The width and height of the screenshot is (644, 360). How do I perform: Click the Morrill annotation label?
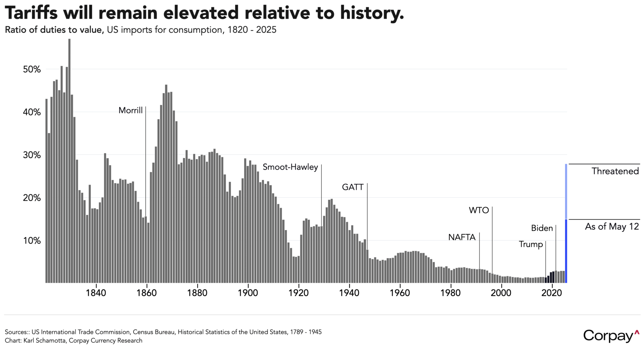130,111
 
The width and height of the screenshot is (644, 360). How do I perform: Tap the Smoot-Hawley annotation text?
290,167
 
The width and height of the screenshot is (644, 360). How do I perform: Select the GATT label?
352,187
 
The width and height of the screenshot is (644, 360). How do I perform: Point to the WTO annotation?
479,210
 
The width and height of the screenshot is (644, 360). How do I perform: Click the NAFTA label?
461,237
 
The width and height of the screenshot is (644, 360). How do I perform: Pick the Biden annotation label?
542,228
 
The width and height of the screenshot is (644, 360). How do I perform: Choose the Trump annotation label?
531,244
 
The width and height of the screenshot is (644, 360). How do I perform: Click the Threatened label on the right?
615,171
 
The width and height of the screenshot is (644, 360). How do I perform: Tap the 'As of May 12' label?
612,226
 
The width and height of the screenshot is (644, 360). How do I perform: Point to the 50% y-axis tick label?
32,69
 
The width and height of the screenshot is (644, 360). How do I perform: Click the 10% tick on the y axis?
32,240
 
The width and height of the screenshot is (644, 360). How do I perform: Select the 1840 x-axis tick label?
96,293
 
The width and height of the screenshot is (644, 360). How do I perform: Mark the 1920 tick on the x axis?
298,293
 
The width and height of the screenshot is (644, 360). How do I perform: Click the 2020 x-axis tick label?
551,293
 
